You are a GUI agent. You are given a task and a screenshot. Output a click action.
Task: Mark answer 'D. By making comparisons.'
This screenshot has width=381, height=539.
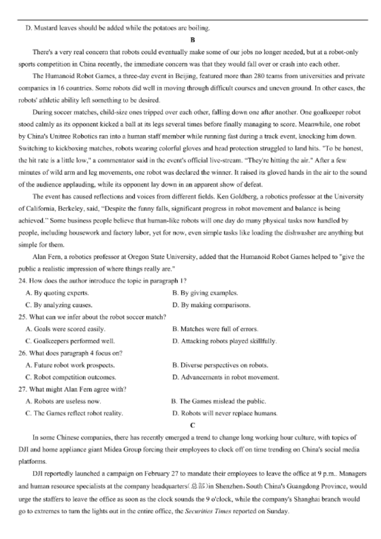pos(211,305)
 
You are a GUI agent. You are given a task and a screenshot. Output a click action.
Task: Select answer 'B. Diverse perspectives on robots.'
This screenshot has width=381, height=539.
pos(220,365)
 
